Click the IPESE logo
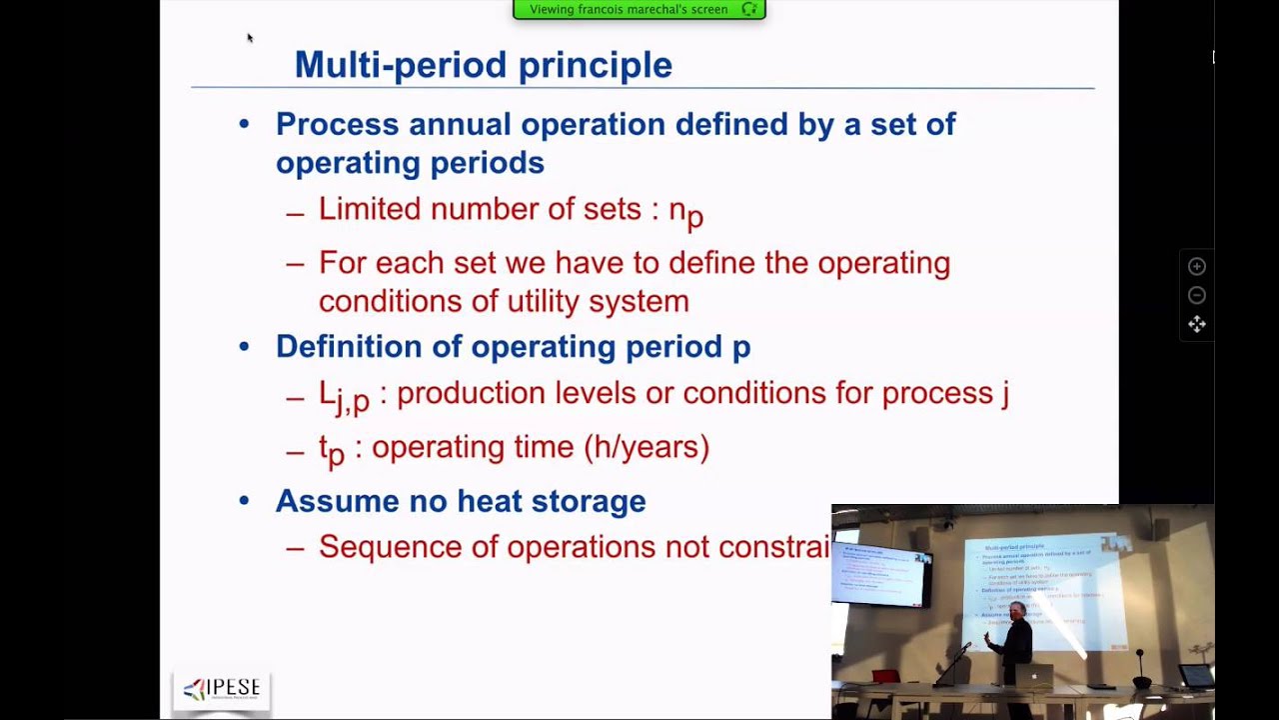(222, 689)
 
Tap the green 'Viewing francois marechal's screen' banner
(639, 10)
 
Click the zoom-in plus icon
(1196, 266)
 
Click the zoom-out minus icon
(1196, 295)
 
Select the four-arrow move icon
(1196, 324)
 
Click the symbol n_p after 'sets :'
(685, 211)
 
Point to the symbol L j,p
(344, 395)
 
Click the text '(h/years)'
(651, 447)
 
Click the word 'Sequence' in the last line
(381, 547)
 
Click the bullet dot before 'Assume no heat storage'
(244, 501)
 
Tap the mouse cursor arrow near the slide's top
(249, 38)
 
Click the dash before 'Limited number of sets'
(295, 212)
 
